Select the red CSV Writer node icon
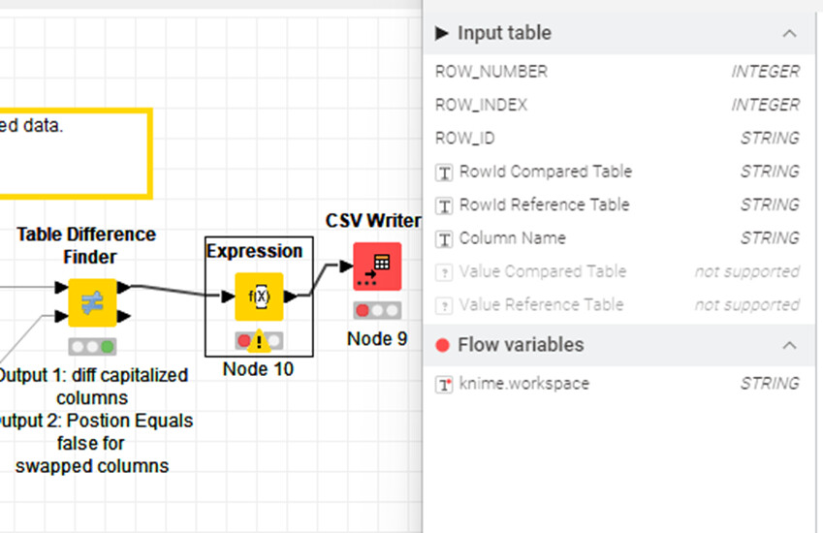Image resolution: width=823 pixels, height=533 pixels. point(376,266)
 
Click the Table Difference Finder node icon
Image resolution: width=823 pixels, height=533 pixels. point(93,302)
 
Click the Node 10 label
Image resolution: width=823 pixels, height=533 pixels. point(258,369)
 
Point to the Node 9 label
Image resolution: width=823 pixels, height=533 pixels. point(376,338)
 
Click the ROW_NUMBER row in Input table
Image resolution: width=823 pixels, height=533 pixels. point(491,72)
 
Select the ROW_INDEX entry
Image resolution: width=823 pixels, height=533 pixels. point(482,105)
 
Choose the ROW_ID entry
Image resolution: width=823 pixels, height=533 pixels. point(465,139)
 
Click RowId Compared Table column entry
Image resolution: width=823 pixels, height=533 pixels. point(545,172)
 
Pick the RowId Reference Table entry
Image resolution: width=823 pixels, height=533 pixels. point(544,204)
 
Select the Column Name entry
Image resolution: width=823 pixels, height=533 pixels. point(512,238)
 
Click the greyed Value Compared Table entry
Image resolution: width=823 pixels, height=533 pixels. point(542,271)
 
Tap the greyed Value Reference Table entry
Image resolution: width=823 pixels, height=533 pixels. point(541,304)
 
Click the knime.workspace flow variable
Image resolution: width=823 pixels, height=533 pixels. point(523,384)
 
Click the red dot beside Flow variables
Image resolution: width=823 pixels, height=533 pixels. point(443,345)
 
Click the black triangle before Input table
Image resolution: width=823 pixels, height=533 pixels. point(442,34)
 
